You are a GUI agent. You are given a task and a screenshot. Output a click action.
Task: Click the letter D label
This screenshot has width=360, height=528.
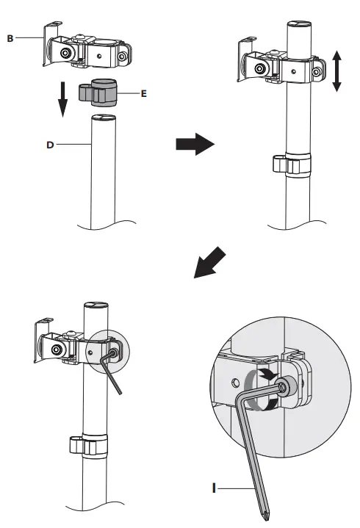(x=50, y=145)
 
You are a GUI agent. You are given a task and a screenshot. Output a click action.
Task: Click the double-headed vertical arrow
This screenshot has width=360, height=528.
(x=336, y=72)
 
